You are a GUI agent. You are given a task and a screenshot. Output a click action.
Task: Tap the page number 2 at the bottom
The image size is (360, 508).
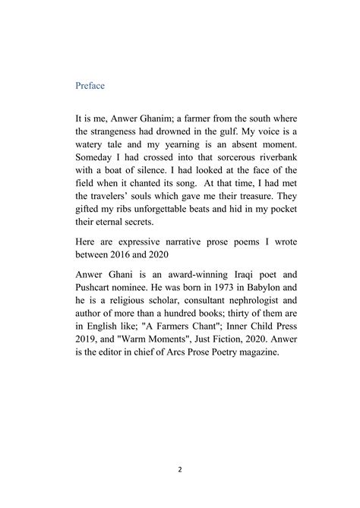180,470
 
